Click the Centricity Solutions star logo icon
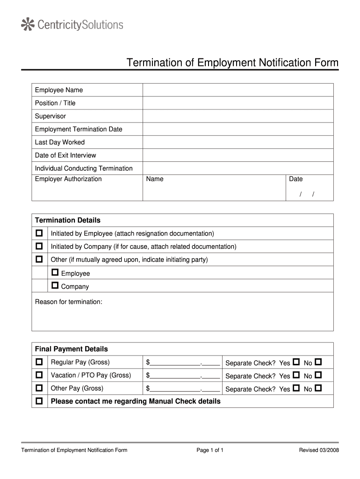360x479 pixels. [x=29, y=24]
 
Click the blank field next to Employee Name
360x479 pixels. [x=238, y=90]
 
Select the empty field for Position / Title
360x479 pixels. [x=238, y=103]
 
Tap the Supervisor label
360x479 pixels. [x=50, y=116]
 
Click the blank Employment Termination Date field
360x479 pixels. [x=238, y=129]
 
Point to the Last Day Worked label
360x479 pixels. [x=60, y=142]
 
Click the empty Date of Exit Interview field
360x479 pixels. [x=238, y=155]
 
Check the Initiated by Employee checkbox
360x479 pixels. [x=39, y=233]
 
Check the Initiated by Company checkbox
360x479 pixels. [x=39, y=246]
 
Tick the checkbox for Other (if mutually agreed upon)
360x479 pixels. [x=39, y=259]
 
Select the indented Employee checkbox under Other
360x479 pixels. [x=55, y=272]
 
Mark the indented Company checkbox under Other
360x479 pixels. [x=55, y=285]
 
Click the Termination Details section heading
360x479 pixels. [x=68, y=220]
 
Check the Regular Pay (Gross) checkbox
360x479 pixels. [x=39, y=362]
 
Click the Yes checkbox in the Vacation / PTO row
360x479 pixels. [x=296, y=375]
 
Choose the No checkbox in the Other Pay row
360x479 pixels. [x=318, y=388]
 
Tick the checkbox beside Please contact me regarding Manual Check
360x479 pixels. [x=39, y=401]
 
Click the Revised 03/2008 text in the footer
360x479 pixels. [x=319, y=450]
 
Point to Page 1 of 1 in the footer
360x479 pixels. [x=210, y=450]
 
